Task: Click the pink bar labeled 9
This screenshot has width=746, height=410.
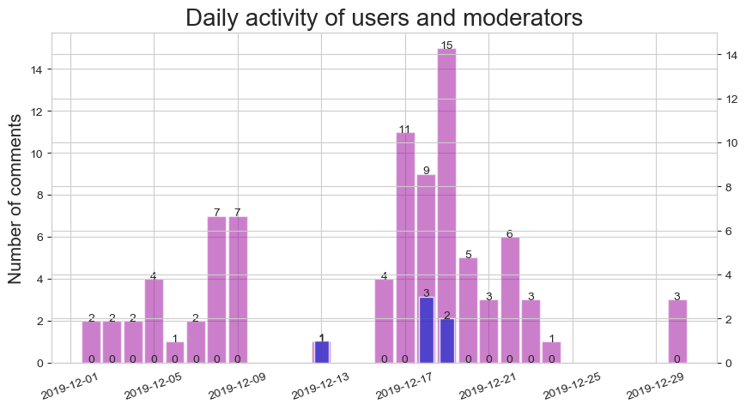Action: [x=426, y=232]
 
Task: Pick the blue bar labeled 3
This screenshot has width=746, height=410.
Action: [x=426, y=330]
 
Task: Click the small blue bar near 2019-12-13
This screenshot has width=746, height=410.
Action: [x=321, y=352]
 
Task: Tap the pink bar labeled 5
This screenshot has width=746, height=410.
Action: [x=468, y=304]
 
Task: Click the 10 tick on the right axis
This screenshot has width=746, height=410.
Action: [x=727, y=143]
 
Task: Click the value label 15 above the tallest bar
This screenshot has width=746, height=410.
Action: [x=446, y=45]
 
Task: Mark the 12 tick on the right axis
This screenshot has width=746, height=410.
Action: [x=727, y=99]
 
